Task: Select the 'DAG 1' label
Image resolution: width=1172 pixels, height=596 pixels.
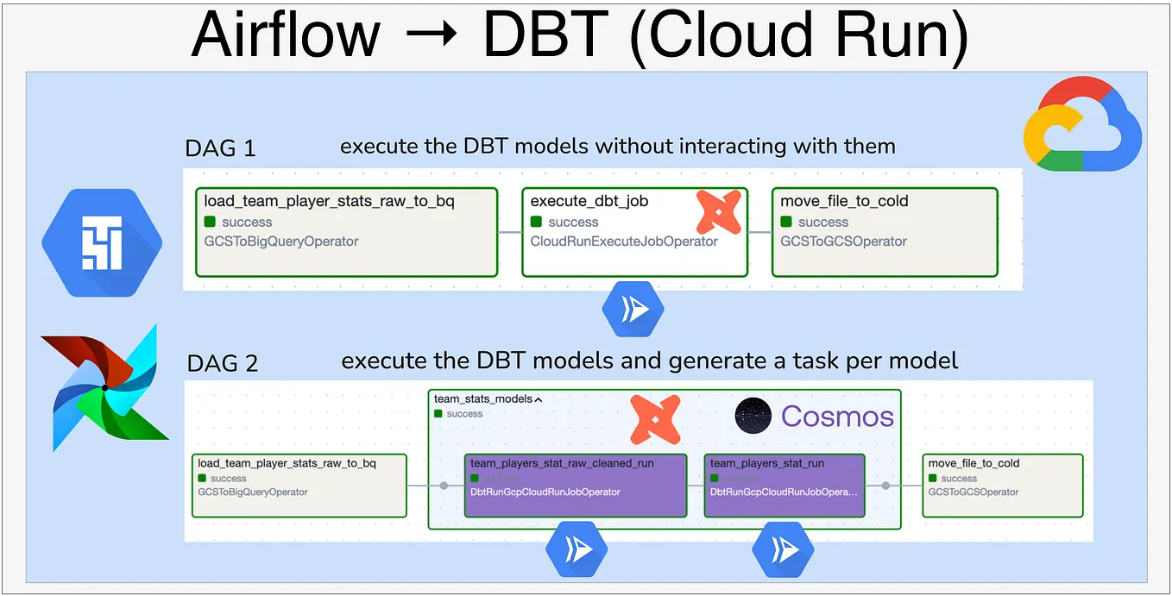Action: pos(220,148)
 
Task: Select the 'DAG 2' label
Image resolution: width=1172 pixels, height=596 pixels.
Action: pos(222,363)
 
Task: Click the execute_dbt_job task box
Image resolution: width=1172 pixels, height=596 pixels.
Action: pos(634,232)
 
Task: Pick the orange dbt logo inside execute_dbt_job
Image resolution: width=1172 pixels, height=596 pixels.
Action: pos(719,212)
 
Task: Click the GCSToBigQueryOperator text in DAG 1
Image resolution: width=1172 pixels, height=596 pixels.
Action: pos(280,242)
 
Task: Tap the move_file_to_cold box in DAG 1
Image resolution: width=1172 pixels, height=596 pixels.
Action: pos(884,232)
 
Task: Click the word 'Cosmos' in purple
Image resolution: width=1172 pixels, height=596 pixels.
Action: pos(837,417)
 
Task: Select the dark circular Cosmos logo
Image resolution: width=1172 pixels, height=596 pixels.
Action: pos(753,416)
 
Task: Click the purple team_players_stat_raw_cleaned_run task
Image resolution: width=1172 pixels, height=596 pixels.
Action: pos(576,486)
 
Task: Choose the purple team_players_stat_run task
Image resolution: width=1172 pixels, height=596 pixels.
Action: pos(784,486)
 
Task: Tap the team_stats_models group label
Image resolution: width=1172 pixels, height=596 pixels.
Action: pos(482,399)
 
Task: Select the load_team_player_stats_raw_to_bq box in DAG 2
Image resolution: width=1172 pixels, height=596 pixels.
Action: pos(299,486)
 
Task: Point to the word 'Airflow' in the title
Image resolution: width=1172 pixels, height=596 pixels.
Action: pos(286,35)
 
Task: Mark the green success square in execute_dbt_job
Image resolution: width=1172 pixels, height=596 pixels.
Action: pos(537,222)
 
